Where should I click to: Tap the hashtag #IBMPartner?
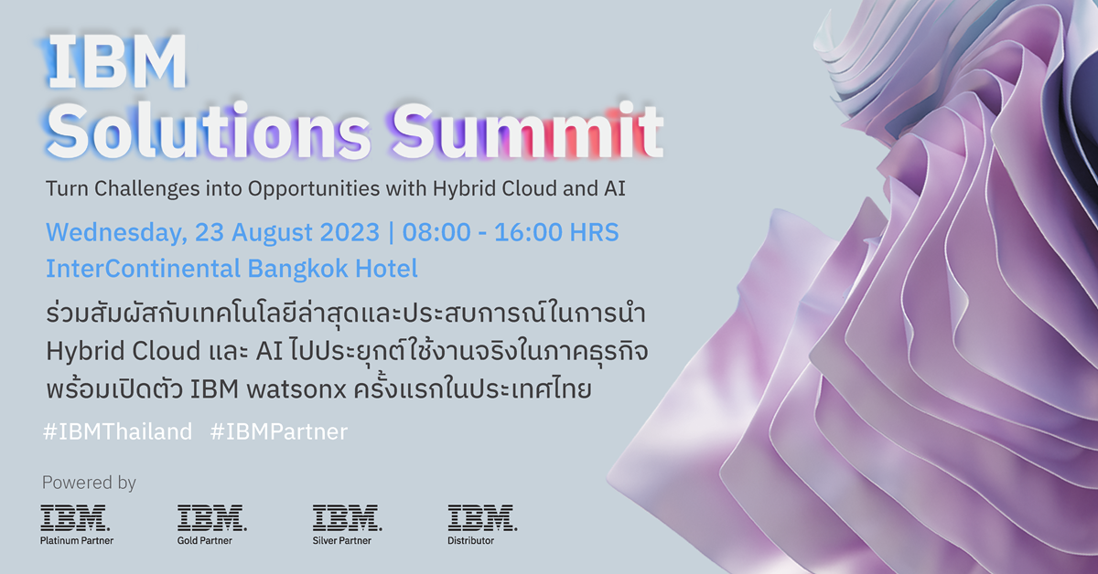[279, 431]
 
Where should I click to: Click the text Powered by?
[89, 483]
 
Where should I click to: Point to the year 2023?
[344, 232]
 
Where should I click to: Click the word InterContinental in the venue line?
[143, 269]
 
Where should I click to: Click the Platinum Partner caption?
[77, 541]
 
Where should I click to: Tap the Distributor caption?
[471, 541]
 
